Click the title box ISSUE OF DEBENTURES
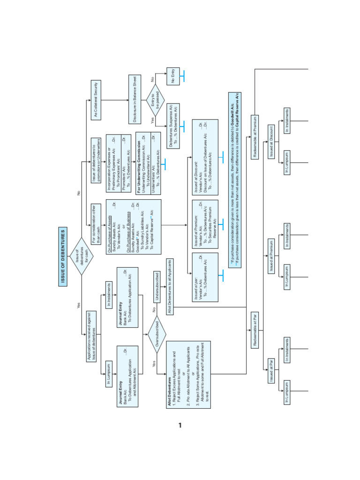pyautogui.click(x=63, y=256)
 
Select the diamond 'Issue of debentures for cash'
pyautogui.click(x=82, y=256)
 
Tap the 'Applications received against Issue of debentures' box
pyautogui.click(x=91, y=336)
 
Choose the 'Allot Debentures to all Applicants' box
pyautogui.click(x=170, y=286)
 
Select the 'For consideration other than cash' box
pyautogui.click(x=96, y=217)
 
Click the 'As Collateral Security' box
pyautogui.click(x=96, y=100)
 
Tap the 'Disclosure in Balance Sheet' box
pyautogui.click(x=135, y=100)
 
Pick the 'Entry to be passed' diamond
pyautogui.click(x=155, y=100)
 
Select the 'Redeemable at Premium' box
pyautogui.click(x=255, y=137)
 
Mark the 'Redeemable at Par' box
pyautogui.click(x=255, y=337)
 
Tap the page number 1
pyautogui.click(x=180, y=426)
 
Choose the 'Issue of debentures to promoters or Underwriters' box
pyautogui.click(x=96, y=161)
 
